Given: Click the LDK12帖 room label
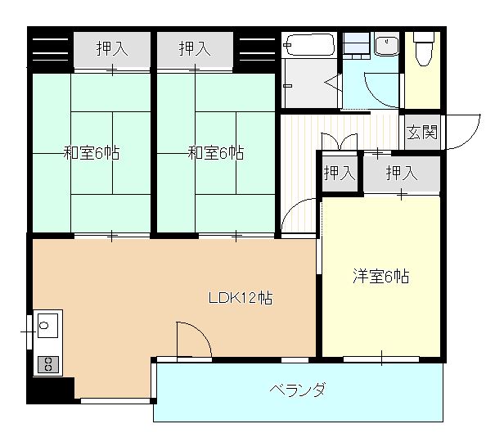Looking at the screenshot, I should (x=240, y=298).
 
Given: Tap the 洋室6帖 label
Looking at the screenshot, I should (x=380, y=277).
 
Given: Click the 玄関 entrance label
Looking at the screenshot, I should (x=422, y=132).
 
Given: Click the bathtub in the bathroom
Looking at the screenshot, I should (x=308, y=44).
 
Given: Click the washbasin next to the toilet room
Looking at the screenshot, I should (x=386, y=45).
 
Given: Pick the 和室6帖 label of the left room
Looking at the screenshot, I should (x=92, y=153).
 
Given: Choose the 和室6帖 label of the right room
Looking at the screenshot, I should (x=216, y=153).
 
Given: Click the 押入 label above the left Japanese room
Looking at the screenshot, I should (x=112, y=49).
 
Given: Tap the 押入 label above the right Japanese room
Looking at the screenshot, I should (x=196, y=49).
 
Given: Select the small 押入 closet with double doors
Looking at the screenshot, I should (x=340, y=173).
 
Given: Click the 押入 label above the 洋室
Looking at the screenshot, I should (x=402, y=173).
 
